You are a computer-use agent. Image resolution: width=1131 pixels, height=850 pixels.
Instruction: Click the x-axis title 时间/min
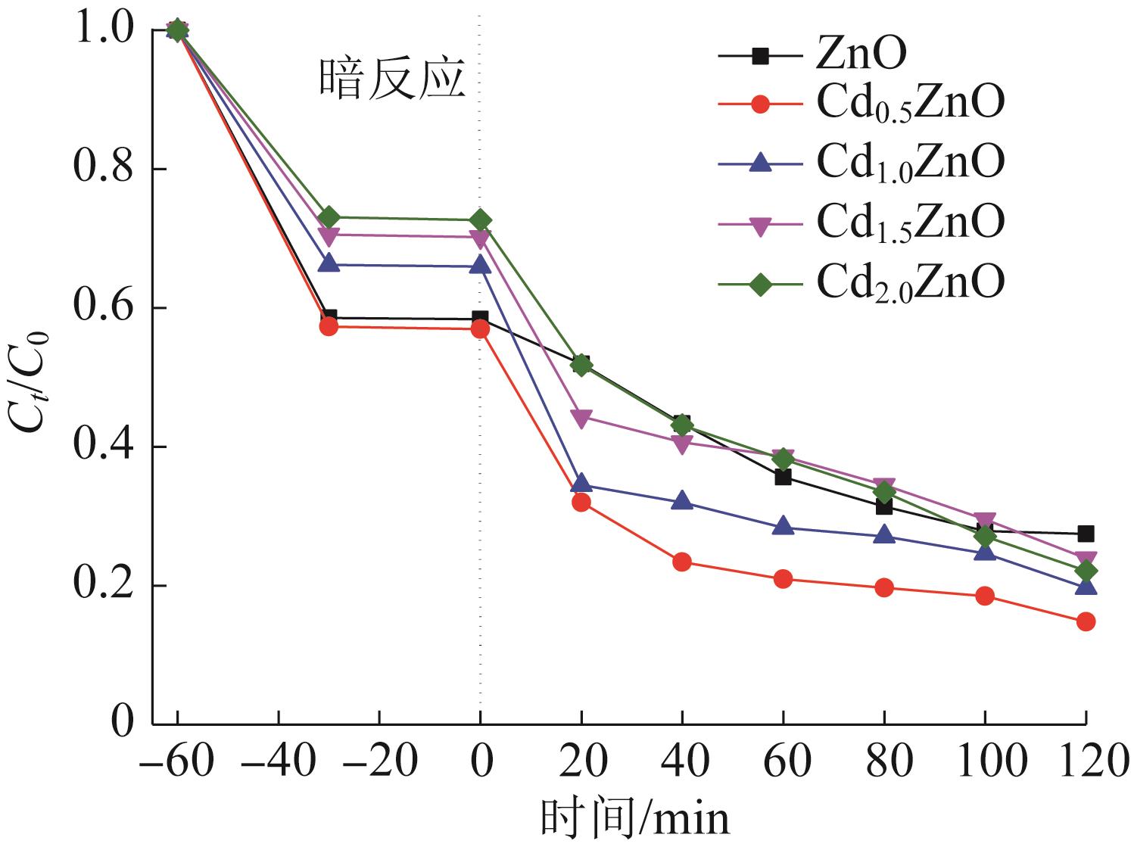tap(634, 819)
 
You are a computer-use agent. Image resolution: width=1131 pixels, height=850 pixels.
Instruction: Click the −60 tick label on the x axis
tap(176, 761)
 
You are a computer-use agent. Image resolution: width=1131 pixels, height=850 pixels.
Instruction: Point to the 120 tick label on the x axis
tap(1086, 761)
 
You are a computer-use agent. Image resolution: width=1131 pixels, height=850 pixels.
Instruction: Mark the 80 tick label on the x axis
tap(884, 761)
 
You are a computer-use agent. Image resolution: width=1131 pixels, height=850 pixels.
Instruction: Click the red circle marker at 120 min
tap(1086, 621)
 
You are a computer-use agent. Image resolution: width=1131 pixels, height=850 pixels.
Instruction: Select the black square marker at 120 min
tap(1086, 534)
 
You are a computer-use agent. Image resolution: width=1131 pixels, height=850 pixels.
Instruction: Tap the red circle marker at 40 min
tap(682, 562)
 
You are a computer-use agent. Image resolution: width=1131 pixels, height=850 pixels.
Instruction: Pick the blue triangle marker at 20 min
tap(581, 483)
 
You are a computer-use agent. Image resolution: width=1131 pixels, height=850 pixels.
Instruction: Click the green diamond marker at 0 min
tap(480, 220)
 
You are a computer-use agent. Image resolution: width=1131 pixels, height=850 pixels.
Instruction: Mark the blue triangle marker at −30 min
tap(328, 263)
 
